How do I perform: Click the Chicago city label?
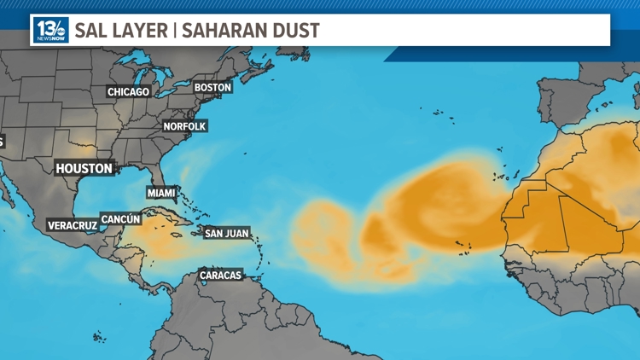pos(128,91)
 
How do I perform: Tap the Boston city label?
pos(212,87)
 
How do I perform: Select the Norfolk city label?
pos(185,126)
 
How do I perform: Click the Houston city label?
pos(84,168)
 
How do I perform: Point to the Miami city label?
pos(161,193)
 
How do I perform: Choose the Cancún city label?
pos(120,219)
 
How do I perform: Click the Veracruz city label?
pos(72,225)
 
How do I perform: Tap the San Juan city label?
pos(227,232)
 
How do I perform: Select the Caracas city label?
pos(221,275)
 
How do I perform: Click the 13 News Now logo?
pos(50,31)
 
